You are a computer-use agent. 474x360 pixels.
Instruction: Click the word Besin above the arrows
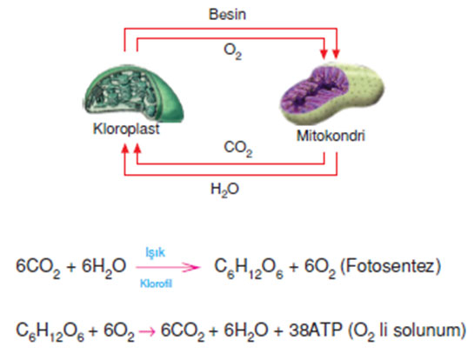tap(227, 14)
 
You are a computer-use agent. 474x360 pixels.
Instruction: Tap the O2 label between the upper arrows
tap(232, 51)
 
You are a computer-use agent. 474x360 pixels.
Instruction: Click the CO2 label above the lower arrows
tap(238, 149)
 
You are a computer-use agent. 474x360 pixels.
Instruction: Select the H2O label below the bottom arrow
tap(224, 190)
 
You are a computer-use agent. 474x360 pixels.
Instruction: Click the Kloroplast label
tap(126, 129)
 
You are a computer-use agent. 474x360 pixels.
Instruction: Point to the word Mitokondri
tap(330, 136)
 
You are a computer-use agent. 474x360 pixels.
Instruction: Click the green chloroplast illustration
tap(133, 92)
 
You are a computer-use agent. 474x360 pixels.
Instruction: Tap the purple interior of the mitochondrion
tap(314, 92)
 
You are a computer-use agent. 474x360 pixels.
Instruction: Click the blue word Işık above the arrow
tap(156, 252)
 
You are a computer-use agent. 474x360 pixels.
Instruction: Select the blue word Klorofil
tap(156, 283)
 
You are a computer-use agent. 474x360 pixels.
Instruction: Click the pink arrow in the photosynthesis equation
tap(168, 267)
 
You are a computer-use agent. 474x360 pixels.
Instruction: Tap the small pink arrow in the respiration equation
tap(147, 331)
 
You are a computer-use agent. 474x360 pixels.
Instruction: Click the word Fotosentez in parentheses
tap(391, 267)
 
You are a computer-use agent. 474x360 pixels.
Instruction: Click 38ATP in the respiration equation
tap(316, 330)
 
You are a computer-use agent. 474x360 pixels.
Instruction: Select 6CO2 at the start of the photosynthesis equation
tap(38, 268)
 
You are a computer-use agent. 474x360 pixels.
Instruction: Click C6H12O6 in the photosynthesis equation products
tap(249, 268)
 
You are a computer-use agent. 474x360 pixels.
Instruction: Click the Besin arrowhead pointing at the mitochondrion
tap(337, 55)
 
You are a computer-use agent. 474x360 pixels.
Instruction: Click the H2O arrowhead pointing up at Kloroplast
tap(125, 149)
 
